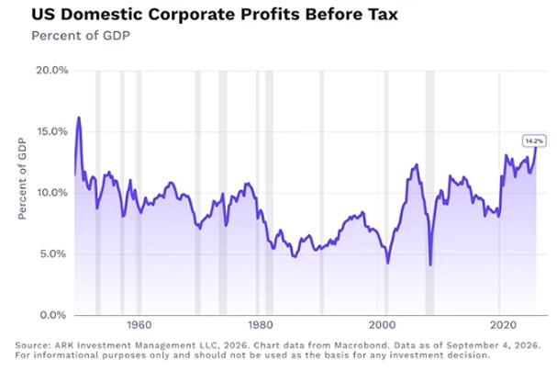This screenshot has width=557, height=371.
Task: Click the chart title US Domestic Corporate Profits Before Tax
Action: point(215,15)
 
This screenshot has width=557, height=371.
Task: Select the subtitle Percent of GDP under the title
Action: point(81,36)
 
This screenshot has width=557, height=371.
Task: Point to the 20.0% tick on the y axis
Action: point(52,70)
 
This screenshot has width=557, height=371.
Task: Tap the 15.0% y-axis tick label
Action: point(52,131)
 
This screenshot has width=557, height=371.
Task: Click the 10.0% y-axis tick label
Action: point(52,193)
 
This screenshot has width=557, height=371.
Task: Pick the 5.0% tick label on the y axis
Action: point(53,254)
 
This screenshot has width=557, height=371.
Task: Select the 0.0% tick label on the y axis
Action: point(53,315)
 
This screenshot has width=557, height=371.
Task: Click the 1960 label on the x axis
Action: point(139,325)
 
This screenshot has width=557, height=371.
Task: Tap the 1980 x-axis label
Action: point(261,325)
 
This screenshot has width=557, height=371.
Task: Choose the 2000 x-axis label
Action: point(382,325)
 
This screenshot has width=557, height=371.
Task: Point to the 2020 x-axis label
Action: point(504,325)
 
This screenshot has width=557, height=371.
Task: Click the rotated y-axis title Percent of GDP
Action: point(22,179)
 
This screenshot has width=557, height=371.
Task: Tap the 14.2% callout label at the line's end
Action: point(534,141)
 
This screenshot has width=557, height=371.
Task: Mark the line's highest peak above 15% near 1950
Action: point(79,118)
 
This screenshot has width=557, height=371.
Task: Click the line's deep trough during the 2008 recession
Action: point(430,264)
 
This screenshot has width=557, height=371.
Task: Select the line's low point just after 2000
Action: point(388,263)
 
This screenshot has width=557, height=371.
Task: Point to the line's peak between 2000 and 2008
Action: point(417,164)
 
